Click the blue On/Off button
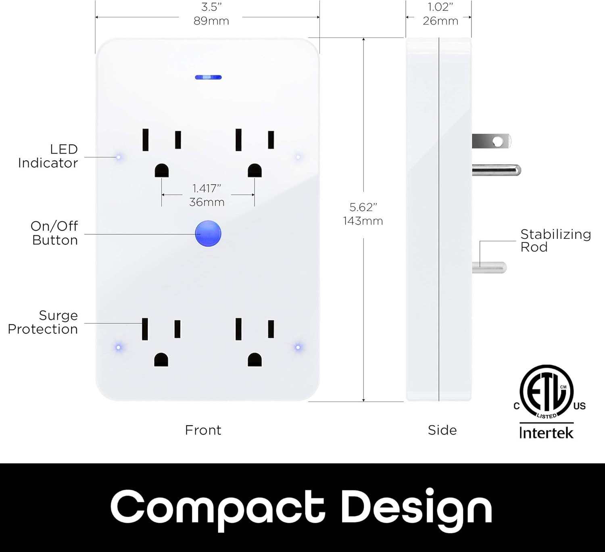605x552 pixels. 208,234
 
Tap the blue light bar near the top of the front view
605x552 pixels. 209,77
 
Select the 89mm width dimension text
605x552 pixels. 211,21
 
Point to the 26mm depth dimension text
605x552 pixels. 440,21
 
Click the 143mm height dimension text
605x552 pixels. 363,221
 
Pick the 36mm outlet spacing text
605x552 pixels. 207,202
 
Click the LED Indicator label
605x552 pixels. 48,156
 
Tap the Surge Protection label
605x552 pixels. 43,322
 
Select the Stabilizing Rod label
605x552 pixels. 555,240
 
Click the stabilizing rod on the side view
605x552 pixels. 489,268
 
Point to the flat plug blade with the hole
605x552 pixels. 492,141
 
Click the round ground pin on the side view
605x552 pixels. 497,170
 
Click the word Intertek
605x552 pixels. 546,433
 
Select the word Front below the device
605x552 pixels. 203,430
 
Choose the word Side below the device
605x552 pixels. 442,430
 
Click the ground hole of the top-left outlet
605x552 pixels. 162,171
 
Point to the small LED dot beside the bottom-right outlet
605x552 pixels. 298,347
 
